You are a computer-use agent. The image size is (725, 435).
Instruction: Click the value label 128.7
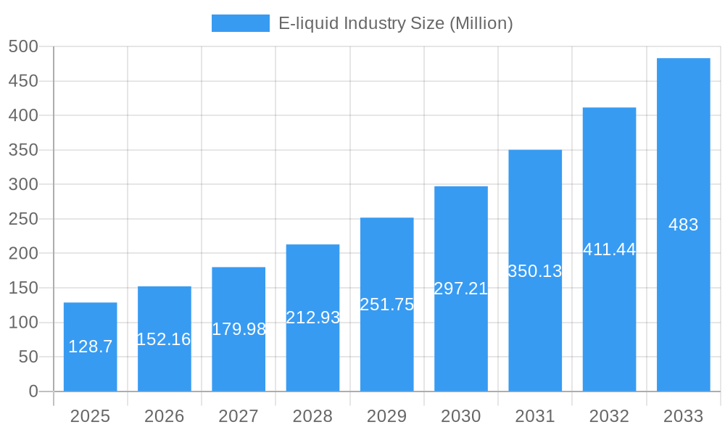[91, 347]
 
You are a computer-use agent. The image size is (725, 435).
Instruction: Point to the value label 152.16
[164, 339]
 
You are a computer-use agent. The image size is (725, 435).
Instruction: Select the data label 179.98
[239, 329]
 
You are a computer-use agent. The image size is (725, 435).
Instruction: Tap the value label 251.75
[387, 304]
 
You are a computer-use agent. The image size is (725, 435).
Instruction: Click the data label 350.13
[535, 271]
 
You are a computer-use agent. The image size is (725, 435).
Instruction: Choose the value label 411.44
[609, 249]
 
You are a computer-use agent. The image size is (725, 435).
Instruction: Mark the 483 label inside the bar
[683, 225]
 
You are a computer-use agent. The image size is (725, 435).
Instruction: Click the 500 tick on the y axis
[23, 46]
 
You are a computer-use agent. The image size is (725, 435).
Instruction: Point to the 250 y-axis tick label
[23, 219]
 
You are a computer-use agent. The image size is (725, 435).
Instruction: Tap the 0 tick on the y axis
[33, 391]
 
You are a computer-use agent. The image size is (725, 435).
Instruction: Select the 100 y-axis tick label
[23, 323]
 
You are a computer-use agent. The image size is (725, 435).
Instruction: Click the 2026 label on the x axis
[164, 416]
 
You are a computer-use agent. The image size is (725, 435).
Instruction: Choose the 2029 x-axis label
[386, 416]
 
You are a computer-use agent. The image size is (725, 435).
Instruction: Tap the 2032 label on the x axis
[609, 416]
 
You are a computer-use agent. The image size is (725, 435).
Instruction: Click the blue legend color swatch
[240, 23]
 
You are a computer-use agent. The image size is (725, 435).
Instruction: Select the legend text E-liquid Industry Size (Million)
[396, 23]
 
